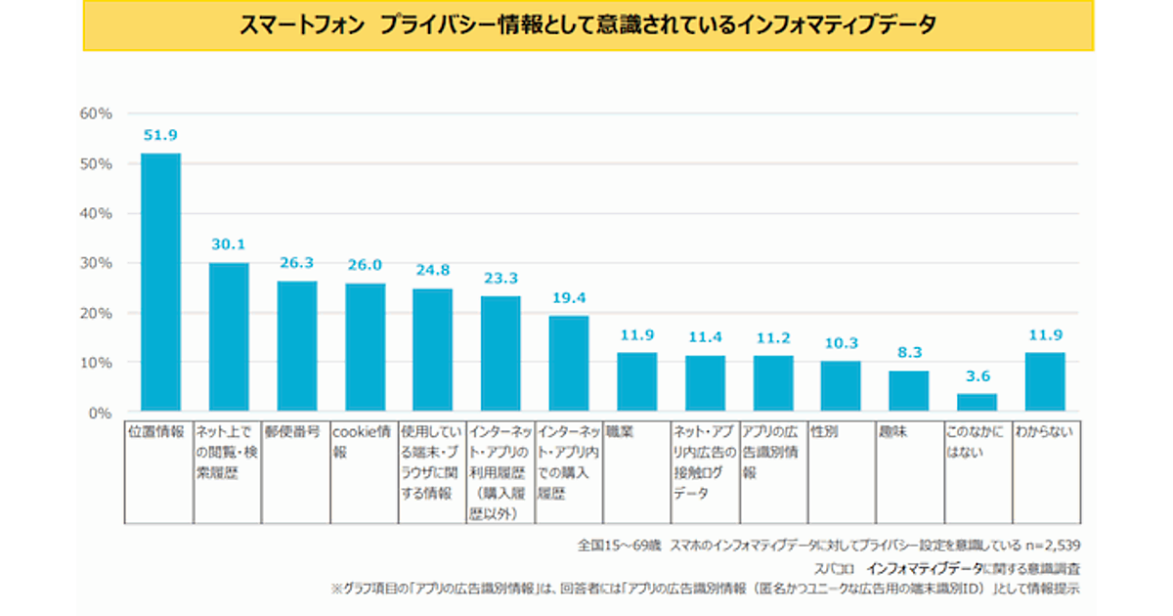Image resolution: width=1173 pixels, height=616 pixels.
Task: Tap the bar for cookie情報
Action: pos(365,346)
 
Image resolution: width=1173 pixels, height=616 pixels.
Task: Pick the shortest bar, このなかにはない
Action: pos(977,402)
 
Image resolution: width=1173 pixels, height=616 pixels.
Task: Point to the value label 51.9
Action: pos(160,135)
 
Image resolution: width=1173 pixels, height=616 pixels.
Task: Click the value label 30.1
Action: pos(229,244)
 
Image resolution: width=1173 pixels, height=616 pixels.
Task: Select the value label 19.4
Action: pos(568,296)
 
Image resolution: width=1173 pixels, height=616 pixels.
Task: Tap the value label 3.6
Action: pos(977,375)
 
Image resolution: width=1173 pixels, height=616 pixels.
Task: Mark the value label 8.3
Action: pos(908,352)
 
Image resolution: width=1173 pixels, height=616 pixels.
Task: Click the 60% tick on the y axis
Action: pos(95,113)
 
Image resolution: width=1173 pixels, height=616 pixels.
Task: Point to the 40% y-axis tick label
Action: pos(95,213)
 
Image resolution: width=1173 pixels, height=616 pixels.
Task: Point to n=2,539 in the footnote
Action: pos(1051,544)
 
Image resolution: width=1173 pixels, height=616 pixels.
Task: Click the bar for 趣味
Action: pos(908,390)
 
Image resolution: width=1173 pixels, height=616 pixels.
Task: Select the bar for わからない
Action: pos(1045,381)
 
